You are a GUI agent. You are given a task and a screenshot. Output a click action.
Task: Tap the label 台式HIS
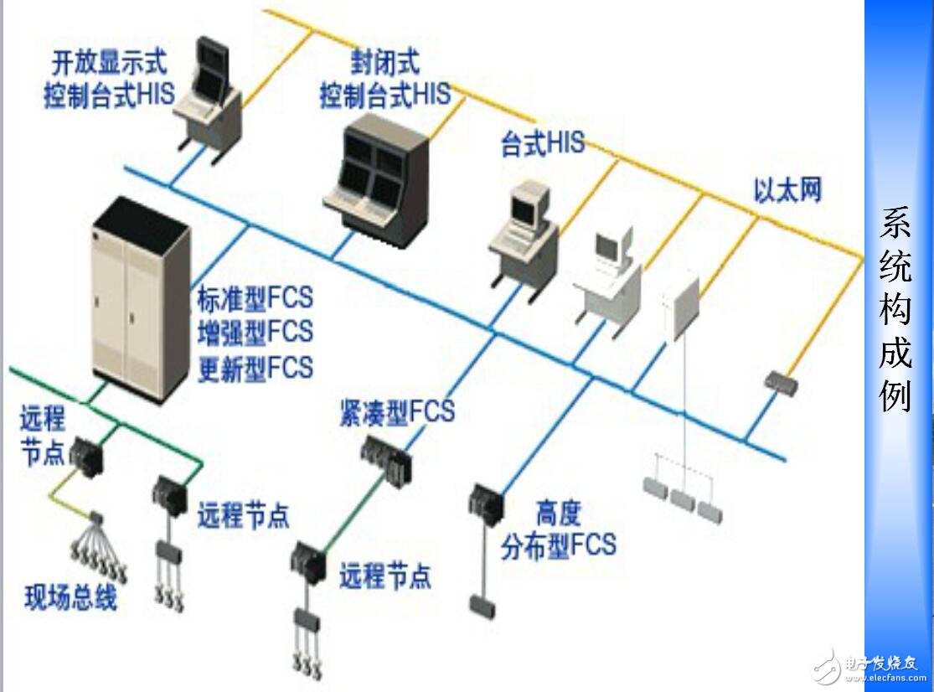tap(542, 145)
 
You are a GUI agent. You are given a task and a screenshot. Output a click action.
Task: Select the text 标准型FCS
tap(255, 297)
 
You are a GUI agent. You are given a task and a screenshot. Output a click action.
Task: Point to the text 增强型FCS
tap(255, 332)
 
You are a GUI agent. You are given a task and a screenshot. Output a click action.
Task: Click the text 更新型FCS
tap(255, 368)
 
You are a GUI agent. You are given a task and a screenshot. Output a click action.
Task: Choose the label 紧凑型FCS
tap(396, 412)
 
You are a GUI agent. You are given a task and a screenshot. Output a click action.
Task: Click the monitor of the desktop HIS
tap(529, 204)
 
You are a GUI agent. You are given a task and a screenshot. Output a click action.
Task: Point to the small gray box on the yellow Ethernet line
tap(780, 385)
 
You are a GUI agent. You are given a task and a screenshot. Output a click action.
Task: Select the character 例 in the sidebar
tap(895, 395)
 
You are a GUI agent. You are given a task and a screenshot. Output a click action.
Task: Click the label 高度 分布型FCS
tap(558, 529)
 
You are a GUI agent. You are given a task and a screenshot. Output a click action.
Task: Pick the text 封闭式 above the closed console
tap(385, 61)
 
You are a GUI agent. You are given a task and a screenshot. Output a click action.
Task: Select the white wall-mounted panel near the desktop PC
tap(681, 307)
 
